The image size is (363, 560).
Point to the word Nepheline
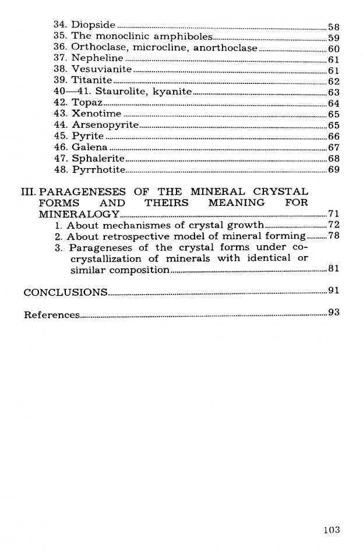pyautogui.click(x=97, y=58)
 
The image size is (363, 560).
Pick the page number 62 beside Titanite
pyautogui.click(x=334, y=81)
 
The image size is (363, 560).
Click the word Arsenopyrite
pyautogui.click(x=105, y=125)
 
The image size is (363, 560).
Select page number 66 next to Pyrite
pyautogui.click(x=334, y=136)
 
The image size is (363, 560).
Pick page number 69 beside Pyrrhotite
pyautogui.click(x=334, y=170)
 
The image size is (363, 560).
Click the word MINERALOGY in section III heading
pyautogui.click(x=79, y=214)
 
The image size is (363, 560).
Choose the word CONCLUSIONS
pyautogui.click(x=65, y=292)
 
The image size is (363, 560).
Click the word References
pyautogui.click(x=51, y=315)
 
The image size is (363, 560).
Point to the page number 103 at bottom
pyautogui.click(x=331, y=530)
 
